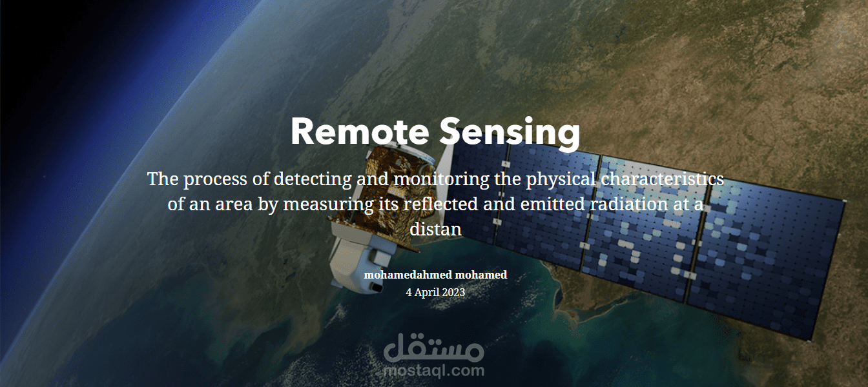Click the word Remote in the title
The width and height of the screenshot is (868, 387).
[x=359, y=132]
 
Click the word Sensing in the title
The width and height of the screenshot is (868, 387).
[x=510, y=133]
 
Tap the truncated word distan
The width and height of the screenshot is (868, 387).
[x=435, y=229]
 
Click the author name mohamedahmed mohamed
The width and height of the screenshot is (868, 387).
[x=435, y=275]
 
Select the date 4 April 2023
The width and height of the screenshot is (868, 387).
[x=435, y=292]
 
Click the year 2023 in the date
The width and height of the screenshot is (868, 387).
[x=453, y=292]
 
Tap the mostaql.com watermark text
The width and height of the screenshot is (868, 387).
[x=433, y=371]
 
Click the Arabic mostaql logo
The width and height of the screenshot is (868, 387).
[x=433, y=348]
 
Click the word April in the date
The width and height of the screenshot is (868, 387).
[x=426, y=292]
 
